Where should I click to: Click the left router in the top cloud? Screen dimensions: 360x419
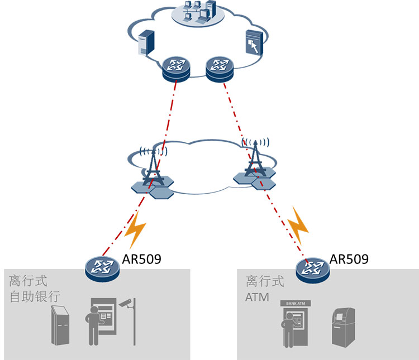(176, 69)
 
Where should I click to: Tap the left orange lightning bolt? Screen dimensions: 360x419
(136, 230)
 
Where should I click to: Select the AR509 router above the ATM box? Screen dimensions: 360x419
(311, 269)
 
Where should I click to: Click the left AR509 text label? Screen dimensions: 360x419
(141, 260)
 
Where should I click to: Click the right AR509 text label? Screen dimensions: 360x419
(349, 259)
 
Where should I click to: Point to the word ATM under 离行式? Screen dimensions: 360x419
(257, 297)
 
